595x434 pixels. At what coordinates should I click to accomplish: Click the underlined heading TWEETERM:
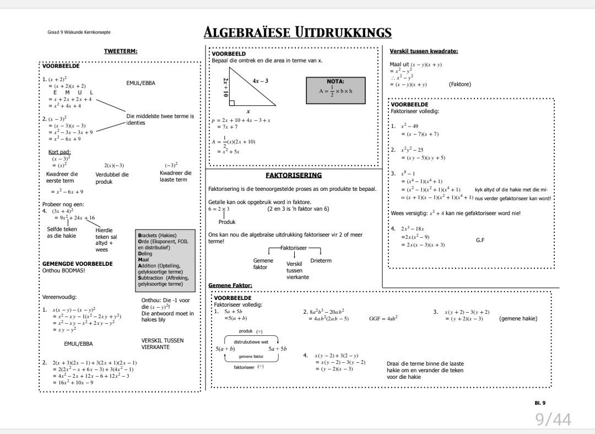[x=121, y=51]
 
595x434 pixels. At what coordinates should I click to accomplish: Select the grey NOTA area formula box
[x=335, y=89]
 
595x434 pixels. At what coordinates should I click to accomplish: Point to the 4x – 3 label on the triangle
[x=260, y=81]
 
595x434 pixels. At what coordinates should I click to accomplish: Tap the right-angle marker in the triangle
[x=232, y=103]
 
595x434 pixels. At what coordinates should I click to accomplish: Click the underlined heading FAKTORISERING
[x=293, y=175]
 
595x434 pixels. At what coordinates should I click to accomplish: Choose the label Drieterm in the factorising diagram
[x=321, y=260]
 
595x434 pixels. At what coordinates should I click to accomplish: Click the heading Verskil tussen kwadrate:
[x=424, y=51]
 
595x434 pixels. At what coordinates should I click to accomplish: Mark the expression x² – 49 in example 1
[x=409, y=126]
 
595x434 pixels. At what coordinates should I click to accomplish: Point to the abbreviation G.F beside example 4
[x=480, y=240]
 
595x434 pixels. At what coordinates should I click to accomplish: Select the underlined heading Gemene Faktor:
[x=230, y=285]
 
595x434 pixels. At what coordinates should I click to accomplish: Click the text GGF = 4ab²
[x=383, y=318]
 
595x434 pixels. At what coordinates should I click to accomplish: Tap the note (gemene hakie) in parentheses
[x=518, y=318]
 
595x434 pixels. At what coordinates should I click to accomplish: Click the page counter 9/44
[x=553, y=420]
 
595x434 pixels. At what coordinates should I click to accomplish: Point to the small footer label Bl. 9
[x=540, y=403]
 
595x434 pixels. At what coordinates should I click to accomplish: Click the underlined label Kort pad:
[x=59, y=152]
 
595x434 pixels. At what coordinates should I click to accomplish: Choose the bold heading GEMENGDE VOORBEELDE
[x=77, y=264]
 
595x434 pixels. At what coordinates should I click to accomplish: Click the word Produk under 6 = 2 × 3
[x=227, y=222]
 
